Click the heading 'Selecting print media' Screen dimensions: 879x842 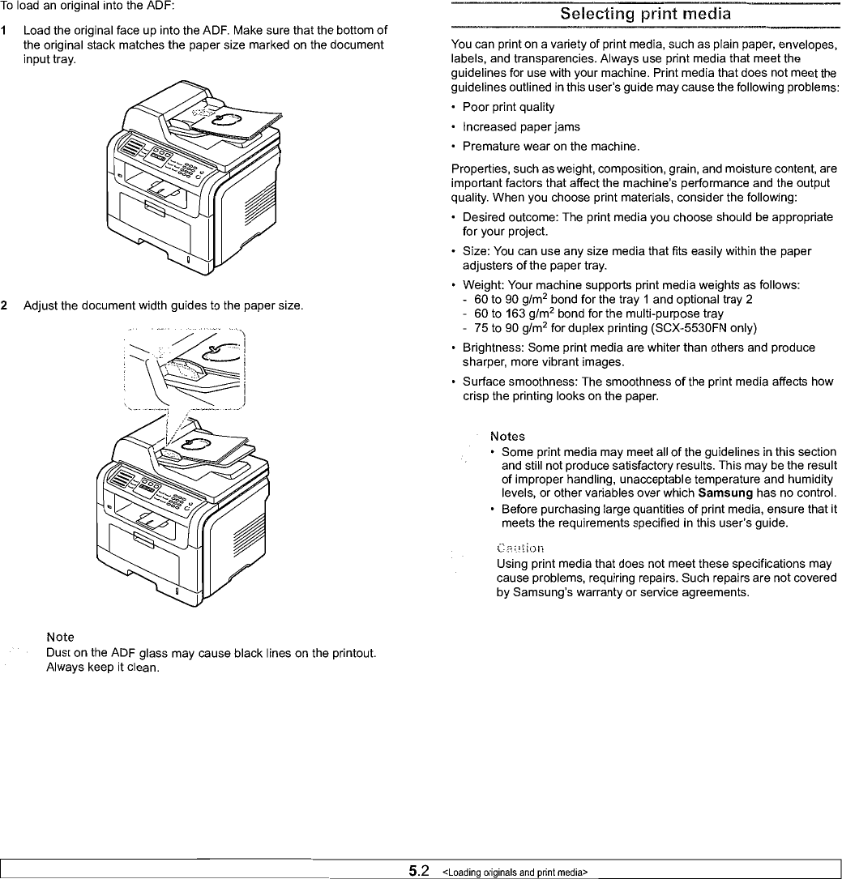click(x=646, y=14)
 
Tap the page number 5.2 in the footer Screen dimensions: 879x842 click(x=419, y=871)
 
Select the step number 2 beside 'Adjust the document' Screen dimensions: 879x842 click(x=5, y=305)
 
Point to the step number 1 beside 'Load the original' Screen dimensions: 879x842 click(x=5, y=31)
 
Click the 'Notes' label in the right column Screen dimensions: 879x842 click(x=507, y=437)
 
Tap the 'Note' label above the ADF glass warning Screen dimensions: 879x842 click(x=61, y=638)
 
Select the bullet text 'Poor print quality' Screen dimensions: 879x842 click(x=508, y=107)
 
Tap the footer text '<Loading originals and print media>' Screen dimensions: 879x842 click(x=514, y=872)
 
